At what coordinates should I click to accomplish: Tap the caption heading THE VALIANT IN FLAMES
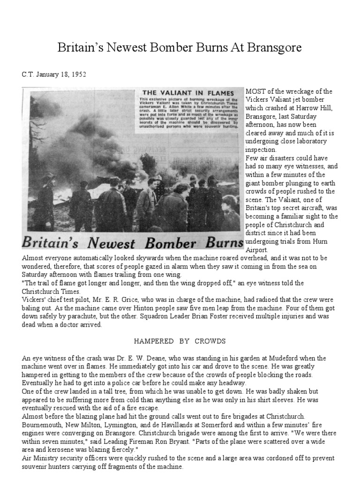pyautogui.click(x=181, y=92)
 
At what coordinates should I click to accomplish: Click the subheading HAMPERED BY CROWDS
pyautogui.click(x=180, y=341)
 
